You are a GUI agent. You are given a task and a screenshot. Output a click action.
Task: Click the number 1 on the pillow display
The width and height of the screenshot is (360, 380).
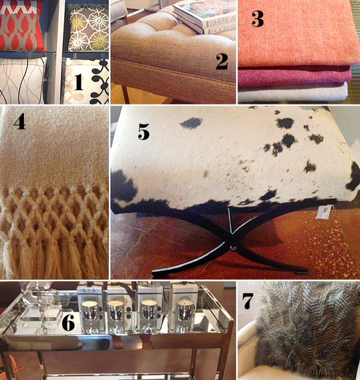78,82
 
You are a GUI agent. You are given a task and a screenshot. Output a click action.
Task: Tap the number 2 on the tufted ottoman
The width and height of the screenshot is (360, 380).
222,60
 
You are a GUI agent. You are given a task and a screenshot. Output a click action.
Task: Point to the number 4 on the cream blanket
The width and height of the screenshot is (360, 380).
20,122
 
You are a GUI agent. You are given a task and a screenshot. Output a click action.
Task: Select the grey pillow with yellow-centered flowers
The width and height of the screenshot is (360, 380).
87,27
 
